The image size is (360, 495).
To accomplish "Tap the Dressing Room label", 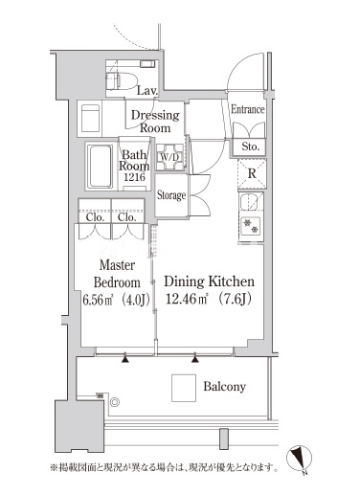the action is tap(155, 122).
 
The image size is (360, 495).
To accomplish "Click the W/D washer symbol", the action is tap(169, 157).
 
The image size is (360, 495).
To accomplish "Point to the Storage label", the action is tap(171, 195).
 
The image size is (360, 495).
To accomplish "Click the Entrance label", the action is tap(248, 109).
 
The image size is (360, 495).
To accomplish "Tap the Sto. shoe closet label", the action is tap(250, 146).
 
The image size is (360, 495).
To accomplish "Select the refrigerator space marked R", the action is tap(252, 174).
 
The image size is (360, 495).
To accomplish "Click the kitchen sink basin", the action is tap(250, 202).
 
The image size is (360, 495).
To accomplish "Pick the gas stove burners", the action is tap(251, 226).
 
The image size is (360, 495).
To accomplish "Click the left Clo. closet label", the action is tap(95, 217).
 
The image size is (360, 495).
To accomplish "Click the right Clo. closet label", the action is tap(127, 217).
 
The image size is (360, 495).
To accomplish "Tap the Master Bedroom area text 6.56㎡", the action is tap(98, 301).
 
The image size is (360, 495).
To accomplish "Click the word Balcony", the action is tap(225, 387).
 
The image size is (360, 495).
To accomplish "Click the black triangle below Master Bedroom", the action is tap(125, 359).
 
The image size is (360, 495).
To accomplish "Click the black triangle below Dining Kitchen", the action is tap(195, 359).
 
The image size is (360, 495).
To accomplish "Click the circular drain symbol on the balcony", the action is tap(115, 402).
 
